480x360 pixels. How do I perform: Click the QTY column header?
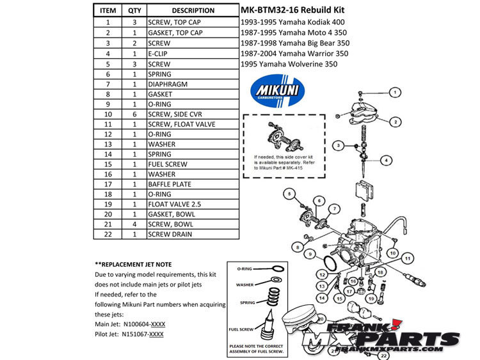coord(134,10)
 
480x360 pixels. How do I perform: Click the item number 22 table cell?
coord(109,233)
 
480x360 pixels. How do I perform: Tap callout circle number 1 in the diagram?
coord(396,93)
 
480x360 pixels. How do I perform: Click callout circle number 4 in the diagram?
coord(387,159)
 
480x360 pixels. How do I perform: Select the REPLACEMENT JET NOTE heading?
coord(137,264)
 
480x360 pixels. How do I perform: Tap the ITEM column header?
coord(109,10)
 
